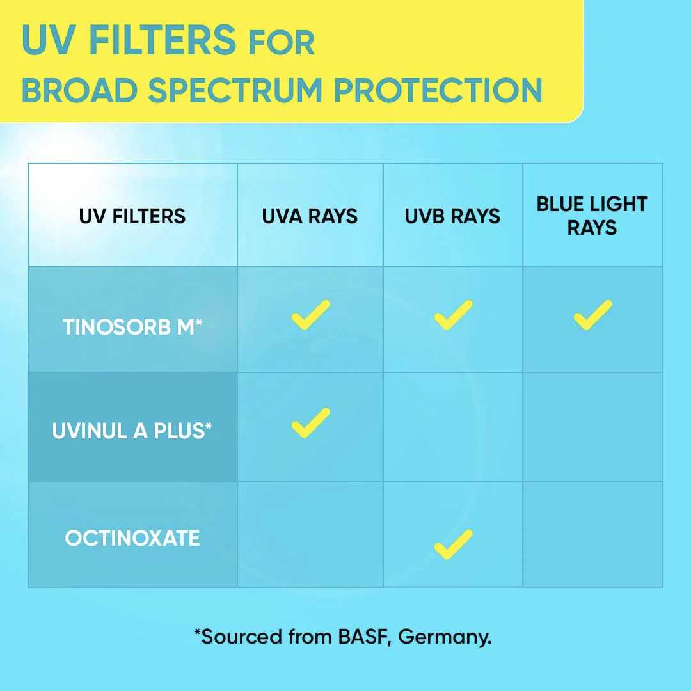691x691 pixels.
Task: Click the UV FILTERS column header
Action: [x=132, y=216]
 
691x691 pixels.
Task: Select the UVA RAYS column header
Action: [x=310, y=216]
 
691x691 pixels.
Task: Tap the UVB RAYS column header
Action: [x=452, y=216]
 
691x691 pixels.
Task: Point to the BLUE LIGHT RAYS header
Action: [x=592, y=216]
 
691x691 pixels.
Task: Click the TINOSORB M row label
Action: [x=132, y=327]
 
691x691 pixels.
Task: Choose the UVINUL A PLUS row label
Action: [x=132, y=431]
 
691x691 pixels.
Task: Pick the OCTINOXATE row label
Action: [x=132, y=538]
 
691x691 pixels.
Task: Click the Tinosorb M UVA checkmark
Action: [x=311, y=315]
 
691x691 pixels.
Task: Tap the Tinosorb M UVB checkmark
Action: [x=454, y=315]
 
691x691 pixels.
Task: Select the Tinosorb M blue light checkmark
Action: [x=592, y=315]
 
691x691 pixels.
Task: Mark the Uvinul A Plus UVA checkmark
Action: [x=311, y=423]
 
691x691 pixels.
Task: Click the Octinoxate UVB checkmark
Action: [x=454, y=544]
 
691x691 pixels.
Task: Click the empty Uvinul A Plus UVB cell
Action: [x=453, y=427]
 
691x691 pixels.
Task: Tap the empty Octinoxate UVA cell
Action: [x=310, y=534]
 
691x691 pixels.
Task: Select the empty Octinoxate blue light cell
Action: [x=592, y=534]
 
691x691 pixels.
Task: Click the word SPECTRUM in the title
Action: [x=235, y=90]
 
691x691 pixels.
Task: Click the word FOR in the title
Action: [x=282, y=43]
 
